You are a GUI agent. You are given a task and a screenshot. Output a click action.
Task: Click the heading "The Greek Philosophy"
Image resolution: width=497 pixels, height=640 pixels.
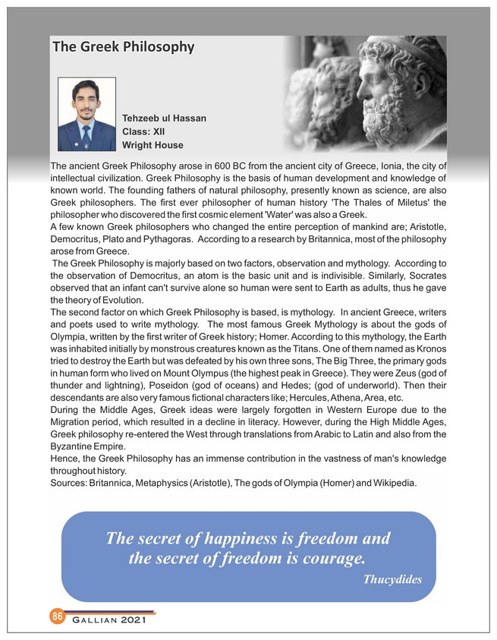pyautogui.click(x=123, y=48)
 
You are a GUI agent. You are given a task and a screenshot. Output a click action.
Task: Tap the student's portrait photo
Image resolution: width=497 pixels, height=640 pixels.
pyautogui.click(x=87, y=113)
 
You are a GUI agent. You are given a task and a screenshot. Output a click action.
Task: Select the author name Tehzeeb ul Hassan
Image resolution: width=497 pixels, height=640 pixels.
pyautogui.click(x=164, y=118)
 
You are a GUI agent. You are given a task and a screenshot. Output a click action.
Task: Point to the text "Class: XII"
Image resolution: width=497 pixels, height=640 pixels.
pyautogui.click(x=143, y=131)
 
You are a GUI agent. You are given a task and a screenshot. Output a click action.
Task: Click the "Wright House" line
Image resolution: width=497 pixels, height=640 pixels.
pyautogui.click(x=153, y=144)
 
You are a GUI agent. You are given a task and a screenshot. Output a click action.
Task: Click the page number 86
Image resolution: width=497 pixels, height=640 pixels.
pyautogui.click(x=57, y=616)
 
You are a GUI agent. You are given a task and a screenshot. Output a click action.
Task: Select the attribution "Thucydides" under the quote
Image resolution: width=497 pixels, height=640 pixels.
pyautogui.click(x=392, y=579)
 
